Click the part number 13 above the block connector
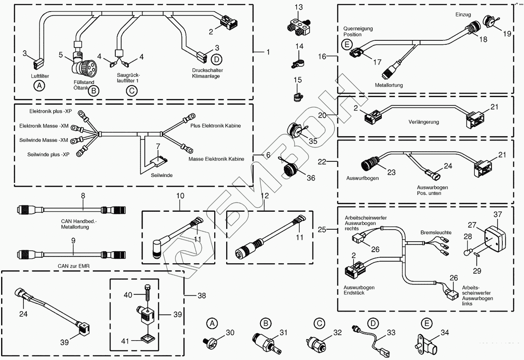(299, 7)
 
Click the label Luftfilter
(40, 76)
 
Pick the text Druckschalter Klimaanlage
(208, 73)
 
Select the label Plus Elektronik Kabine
(215, 126)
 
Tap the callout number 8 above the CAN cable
(83, 196)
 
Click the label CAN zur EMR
(74, 266)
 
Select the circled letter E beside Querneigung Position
(347, 45)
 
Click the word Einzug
(463, 15)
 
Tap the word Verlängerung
(424, 122)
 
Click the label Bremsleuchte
(436, 232)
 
